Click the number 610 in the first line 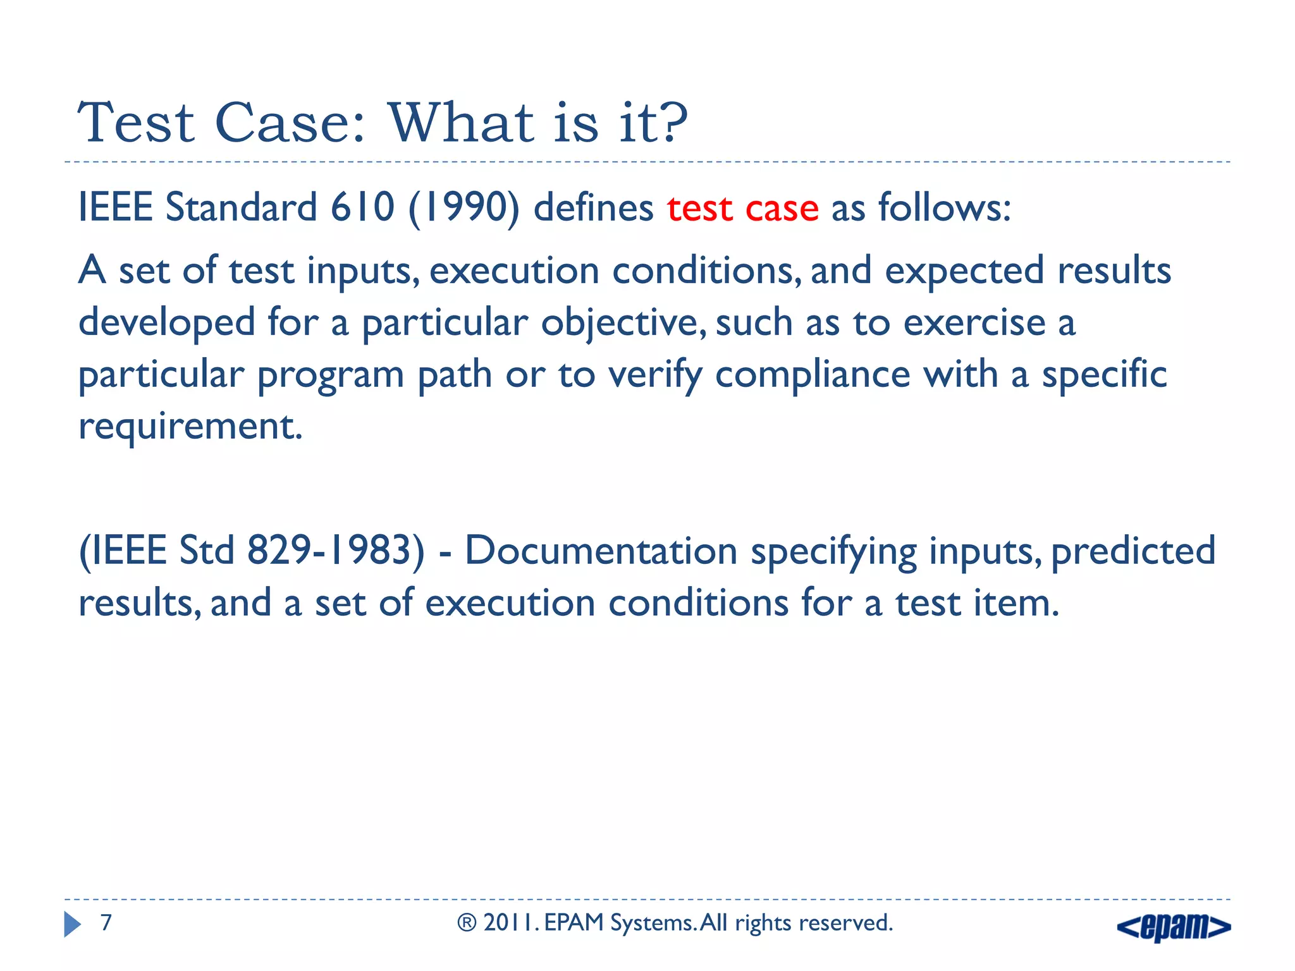362,207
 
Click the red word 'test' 699,208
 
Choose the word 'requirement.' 190,427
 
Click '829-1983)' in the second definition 335,550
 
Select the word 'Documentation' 601,550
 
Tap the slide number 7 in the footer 106,923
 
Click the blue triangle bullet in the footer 72,924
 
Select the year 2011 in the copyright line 510,923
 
